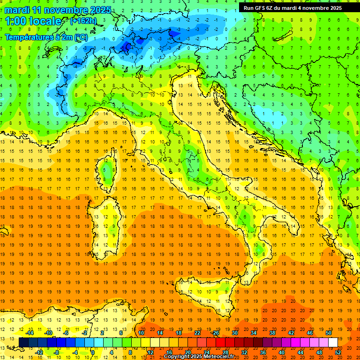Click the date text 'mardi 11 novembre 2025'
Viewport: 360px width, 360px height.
(x=58, y=10)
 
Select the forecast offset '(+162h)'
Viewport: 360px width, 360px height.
(x=83, y=21)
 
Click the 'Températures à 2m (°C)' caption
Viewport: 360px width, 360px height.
(x=46, y=37)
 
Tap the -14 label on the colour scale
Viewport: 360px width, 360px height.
(x=30, y=332)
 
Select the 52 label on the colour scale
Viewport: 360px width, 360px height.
(x=338, y=352)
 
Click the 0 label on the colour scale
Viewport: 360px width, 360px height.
(x=92, y=352)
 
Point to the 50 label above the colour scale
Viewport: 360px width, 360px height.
(x=329, y=332)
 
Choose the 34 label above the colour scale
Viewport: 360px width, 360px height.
(x=254, y=332)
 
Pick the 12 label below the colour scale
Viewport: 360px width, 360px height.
(x=150, y=352)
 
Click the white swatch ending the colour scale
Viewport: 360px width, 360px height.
(x=333, y=342)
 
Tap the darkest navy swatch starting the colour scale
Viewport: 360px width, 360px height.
(x=23, y=342)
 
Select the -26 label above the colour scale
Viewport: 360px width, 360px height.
(x=215, y=332)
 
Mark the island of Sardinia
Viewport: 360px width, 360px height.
(x=104, y=225)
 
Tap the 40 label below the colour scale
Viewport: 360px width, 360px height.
(x=282, y=352)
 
